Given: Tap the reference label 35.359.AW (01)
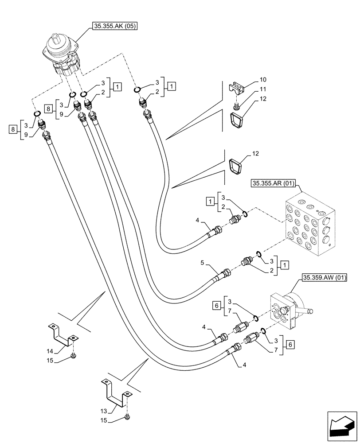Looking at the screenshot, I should pyautogui.click(x=324, y=278).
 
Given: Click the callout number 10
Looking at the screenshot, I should pyautogui.click(x=262, y=80).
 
